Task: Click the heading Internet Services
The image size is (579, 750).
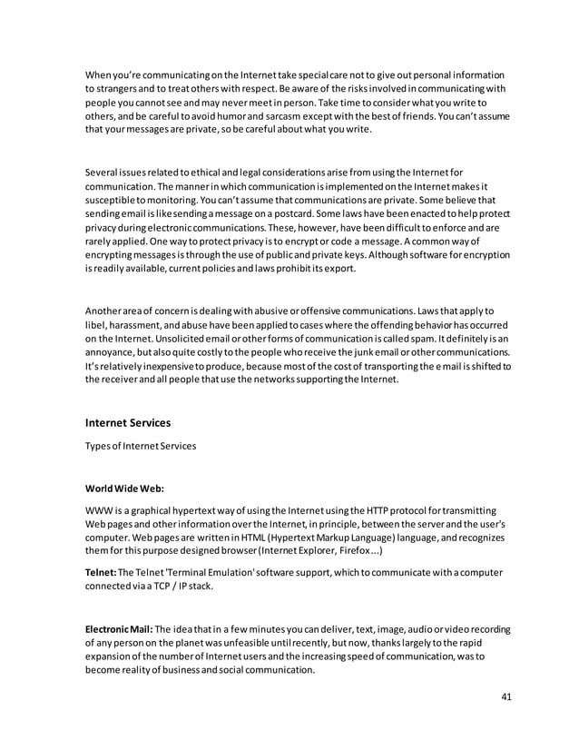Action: point(127,422)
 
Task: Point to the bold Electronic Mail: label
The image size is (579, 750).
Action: point(120,629)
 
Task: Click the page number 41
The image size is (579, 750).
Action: point(506,697)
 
